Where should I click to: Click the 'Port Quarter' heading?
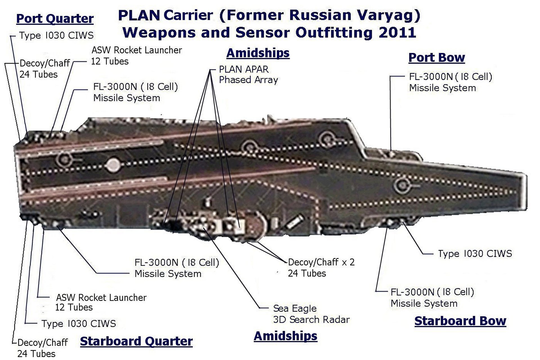55,19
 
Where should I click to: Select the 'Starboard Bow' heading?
460,321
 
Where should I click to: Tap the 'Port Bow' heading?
436,57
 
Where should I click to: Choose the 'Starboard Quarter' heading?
136,341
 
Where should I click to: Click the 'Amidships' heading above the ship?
258,53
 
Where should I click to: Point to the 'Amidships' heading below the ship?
285,336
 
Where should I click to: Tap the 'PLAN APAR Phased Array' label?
248,75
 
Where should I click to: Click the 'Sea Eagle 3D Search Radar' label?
311,314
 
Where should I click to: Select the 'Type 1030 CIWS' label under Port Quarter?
56,35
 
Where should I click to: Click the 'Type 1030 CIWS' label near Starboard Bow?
475,253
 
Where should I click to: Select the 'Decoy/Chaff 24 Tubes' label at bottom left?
42,348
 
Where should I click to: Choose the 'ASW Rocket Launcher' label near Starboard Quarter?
101,302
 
